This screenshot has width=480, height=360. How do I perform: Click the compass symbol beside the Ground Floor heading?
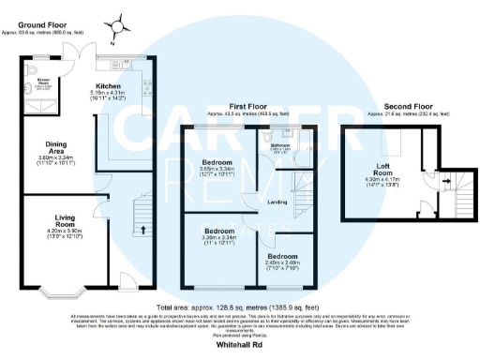coord(117,25)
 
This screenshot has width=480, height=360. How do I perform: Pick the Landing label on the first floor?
coord(277,202)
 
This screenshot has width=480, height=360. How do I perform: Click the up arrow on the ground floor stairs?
coord(142,228)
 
